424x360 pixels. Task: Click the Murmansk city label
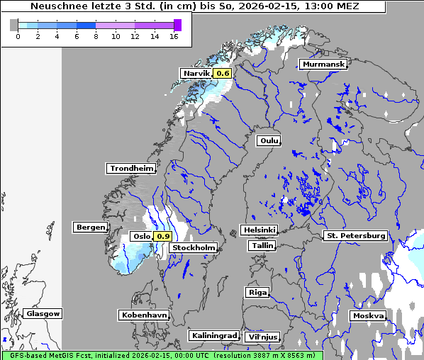coord(323,64)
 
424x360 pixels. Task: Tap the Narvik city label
coord(196,74)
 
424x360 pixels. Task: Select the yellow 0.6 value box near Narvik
coord(223,74)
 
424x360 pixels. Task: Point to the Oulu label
coord(269,140)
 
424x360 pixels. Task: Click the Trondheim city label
coord(131,169)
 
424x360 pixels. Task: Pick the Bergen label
coord(89,227)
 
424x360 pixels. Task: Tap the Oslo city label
coord(141,237)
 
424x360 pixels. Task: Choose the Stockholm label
coord(194,248)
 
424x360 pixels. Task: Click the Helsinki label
coord(259,230)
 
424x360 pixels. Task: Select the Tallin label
coord(262,246)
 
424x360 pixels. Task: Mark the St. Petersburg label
coord(355,235)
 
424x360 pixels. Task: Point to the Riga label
coord(257,292)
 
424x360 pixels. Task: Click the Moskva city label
coord(368,315)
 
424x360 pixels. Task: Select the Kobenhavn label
coord(144,315)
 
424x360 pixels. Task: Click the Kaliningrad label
coord(213,335)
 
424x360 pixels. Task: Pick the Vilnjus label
coord(262,337)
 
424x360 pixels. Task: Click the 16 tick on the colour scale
coord(173,36)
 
